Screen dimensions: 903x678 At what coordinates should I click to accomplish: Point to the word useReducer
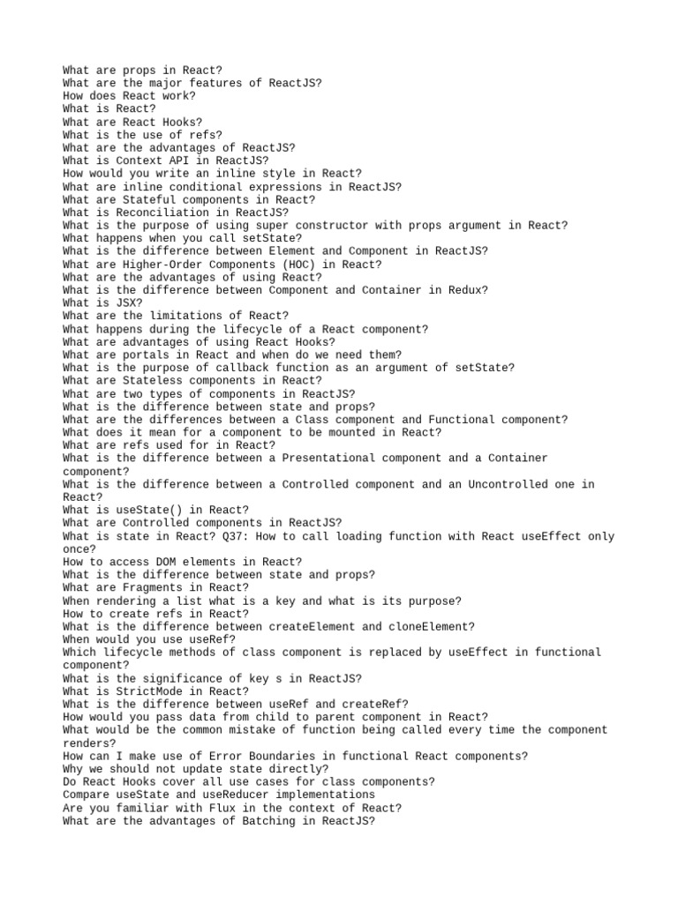point(229,795)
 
